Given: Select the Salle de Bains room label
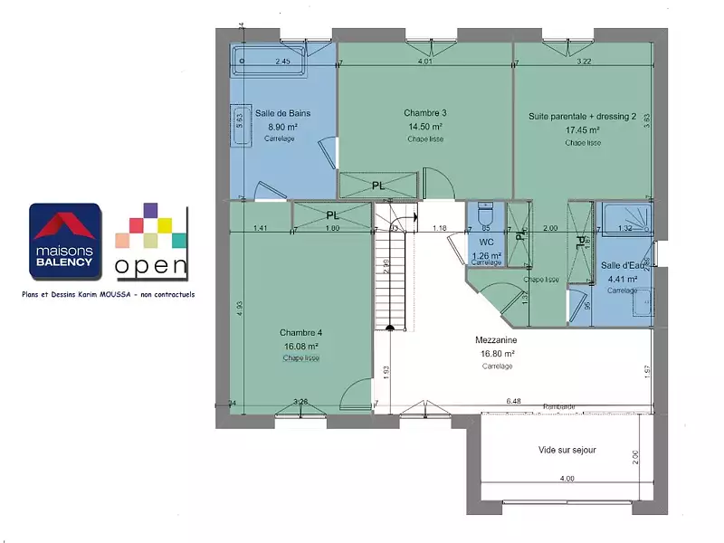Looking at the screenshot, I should pyautogui.click(x=282, y=113).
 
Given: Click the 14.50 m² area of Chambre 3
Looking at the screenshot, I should pyautogui.click(x=424, y=127).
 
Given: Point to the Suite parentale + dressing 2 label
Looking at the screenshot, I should pyautogui.click(x=583, y=116).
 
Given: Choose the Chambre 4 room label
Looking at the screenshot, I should pyautogui.click(x=300, y=332).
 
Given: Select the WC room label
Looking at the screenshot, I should pyautogui.click(x=486, y=243).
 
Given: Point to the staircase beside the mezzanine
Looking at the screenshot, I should pyautogui.click(x=392, y=271).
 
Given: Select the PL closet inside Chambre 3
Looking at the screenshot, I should pyautogui.click(x=377, y=186).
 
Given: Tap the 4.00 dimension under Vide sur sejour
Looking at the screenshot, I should pyautogui.click(x=567, y=478).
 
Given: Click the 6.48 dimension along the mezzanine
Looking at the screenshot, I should pyautogui.click(x=514, y=401).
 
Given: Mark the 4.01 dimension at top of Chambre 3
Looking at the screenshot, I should pyautogui.click(x=425, y=62).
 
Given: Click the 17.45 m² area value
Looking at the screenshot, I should pyautogui.click(x=583, y=129).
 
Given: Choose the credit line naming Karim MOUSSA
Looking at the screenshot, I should pyautogui.click(x=109, y=295).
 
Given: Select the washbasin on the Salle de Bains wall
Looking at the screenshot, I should pyautogui.click(x=242, y=119).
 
